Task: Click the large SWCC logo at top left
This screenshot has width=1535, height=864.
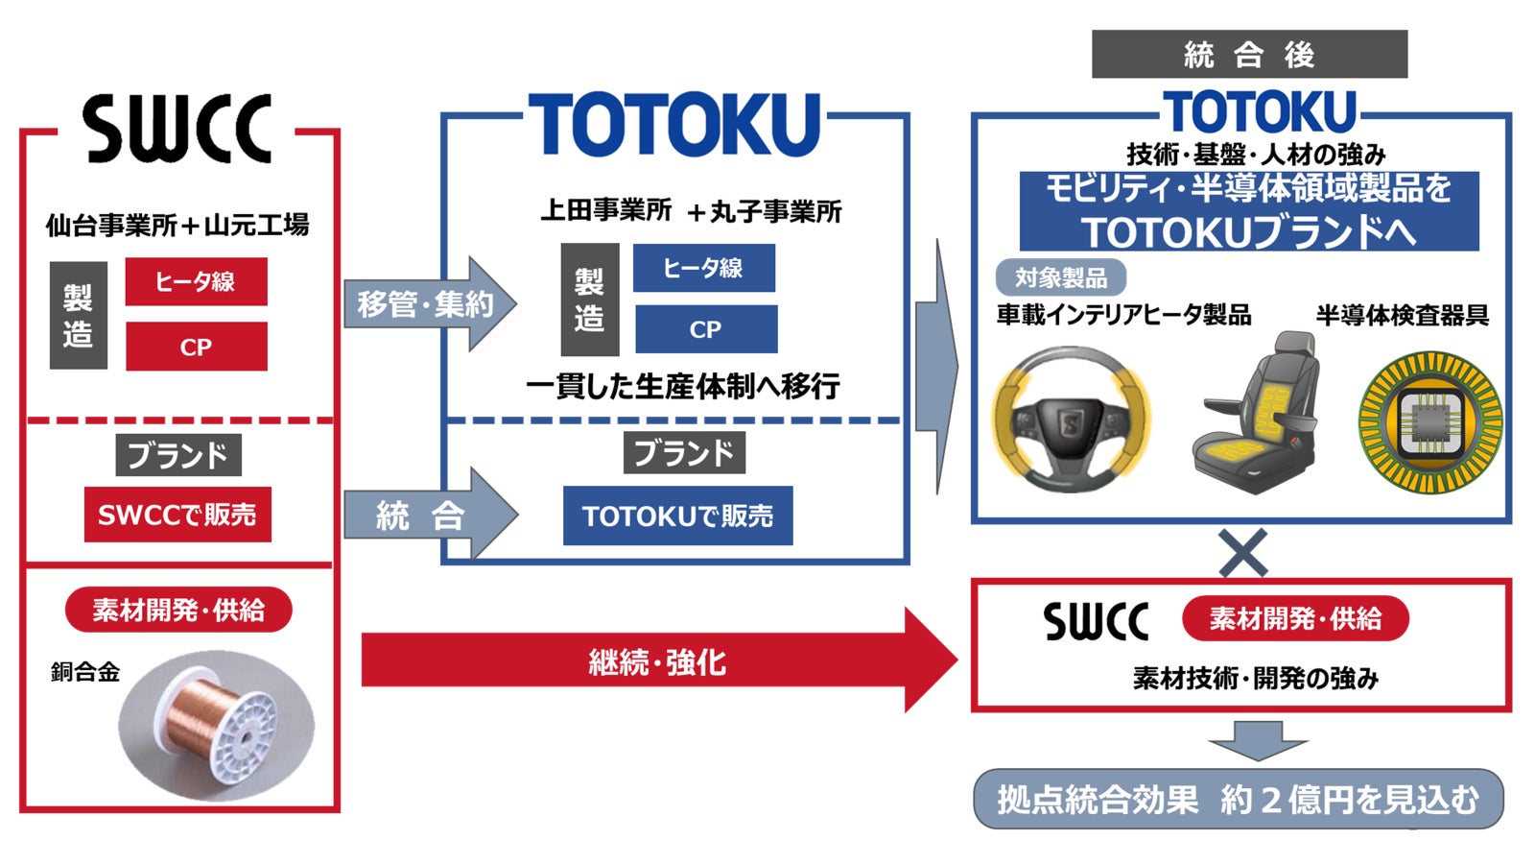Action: tap(177, 129)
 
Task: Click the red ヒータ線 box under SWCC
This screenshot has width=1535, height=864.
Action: tap(196, 281)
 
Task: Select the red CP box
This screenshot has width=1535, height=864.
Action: tap(196, 347)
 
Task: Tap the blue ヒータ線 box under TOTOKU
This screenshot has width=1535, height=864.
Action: tap(703, 269)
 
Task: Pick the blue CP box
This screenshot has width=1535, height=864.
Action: tap(705, 329)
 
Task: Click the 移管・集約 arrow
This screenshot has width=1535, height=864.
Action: tap(428, 304)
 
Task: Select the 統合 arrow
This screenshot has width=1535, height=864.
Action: tap(428, 516)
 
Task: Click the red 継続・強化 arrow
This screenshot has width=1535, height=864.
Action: tap(657, 661)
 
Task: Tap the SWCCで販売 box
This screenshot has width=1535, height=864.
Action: tap(177, 515)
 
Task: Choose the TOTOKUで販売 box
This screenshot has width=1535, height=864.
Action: tap(677, 516)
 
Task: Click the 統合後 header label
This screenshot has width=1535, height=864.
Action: tap(1249, 55)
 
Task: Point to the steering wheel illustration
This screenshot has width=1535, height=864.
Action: tap(1071, 420)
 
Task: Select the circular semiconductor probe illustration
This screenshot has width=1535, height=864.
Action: tap(1429, 422)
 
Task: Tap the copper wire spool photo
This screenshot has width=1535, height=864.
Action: tap(218, 726)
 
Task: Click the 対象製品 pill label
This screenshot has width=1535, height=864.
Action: tap(1060, 278)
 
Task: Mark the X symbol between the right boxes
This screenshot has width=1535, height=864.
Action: tap(1243, 552)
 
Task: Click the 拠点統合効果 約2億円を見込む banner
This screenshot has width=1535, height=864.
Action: tap(1238, 799)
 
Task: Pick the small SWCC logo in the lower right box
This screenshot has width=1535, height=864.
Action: tap(1096, 621)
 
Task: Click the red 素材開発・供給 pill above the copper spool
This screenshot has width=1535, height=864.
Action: tap(178, 610)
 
